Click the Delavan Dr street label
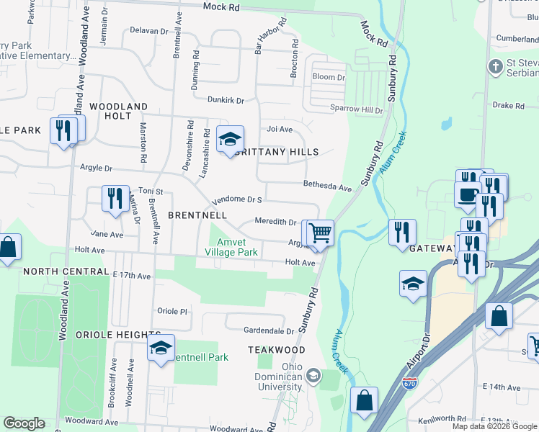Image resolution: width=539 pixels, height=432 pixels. (148, 31)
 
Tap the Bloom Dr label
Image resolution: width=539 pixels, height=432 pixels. (329, 77)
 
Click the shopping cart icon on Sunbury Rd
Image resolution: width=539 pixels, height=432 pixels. (320, 233)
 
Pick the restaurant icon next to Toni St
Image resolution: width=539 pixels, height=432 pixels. (115, 198)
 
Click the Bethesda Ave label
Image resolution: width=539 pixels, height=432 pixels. (327, 187)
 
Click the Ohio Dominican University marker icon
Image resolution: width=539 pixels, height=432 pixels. (313, 374)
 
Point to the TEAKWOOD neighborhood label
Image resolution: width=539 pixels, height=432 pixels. (277, 349)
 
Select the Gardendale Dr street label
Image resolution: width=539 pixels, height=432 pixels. (269, 331)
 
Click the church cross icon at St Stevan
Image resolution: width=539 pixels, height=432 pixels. (494, 67)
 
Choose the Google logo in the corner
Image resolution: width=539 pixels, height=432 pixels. (24, 423)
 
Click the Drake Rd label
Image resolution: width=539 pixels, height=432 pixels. (509, 106)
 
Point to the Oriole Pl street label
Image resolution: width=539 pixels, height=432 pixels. (172, 311)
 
